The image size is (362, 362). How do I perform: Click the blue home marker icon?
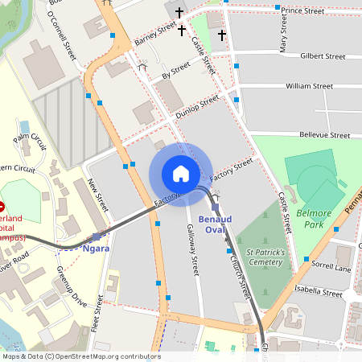[x=180, y=174]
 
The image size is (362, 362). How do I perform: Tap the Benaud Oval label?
[x=212, y=224]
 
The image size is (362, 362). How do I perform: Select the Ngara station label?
[x=96, y=249]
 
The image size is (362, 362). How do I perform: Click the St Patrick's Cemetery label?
[x=265, y=257]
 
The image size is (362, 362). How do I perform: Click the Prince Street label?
[x=302, y=11]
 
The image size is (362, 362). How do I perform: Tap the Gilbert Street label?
[x=322, y=57]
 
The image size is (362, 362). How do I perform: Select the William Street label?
[x=309, y=85]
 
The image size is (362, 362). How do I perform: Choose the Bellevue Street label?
[x=327, y=135]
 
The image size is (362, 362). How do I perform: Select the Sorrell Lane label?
[x=331, y=266]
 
